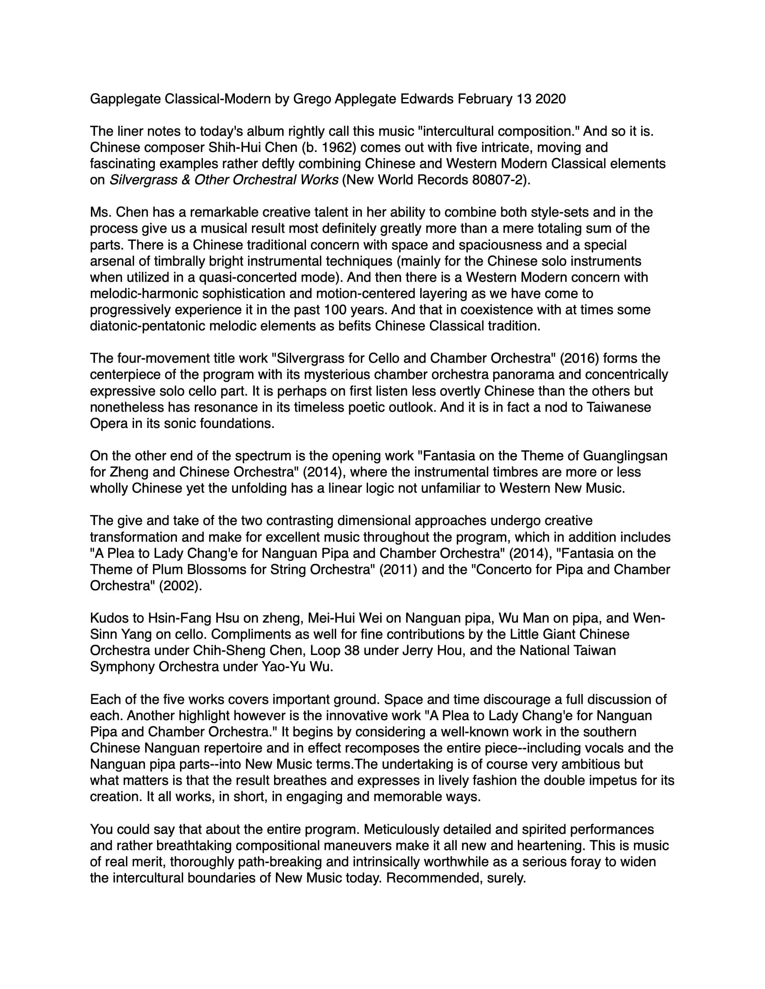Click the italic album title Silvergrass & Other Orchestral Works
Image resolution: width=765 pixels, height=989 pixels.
224,180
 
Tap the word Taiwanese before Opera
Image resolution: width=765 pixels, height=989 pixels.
619,408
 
